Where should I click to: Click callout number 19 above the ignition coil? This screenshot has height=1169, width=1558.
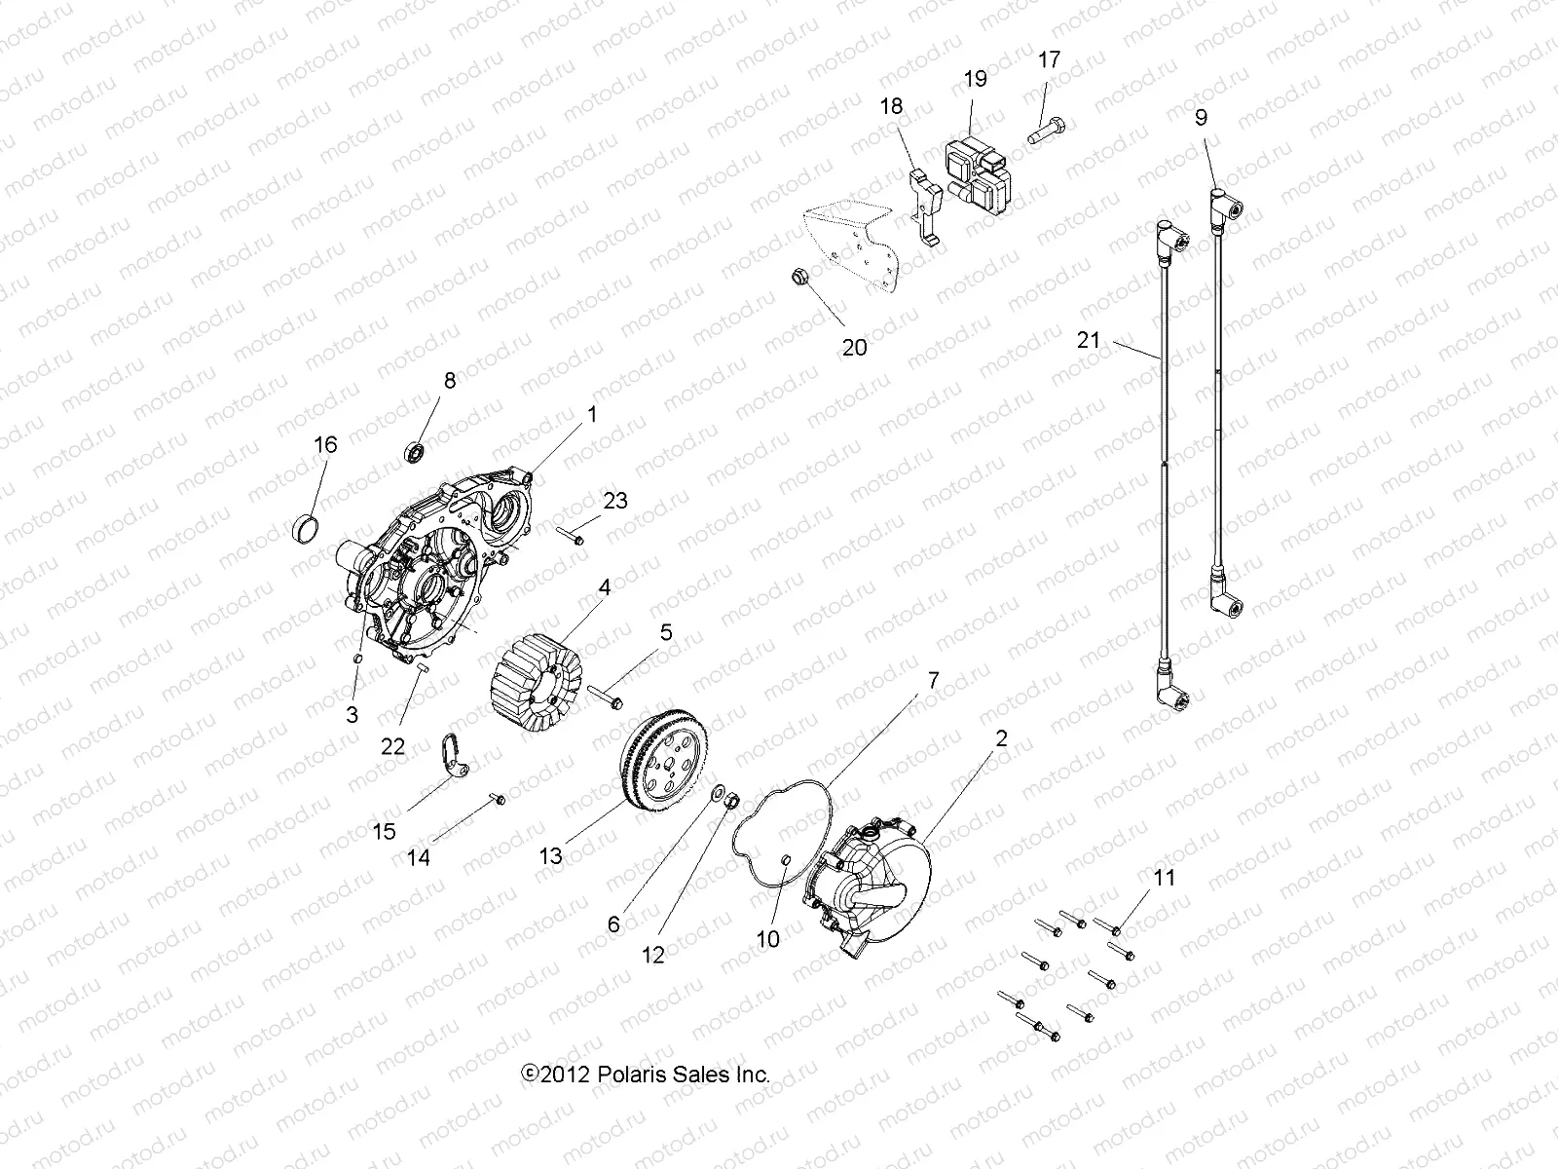tap(975, 79)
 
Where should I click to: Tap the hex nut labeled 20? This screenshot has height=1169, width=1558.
tap(797, 276)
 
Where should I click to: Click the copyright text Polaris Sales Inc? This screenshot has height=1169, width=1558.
tap(647, 1075)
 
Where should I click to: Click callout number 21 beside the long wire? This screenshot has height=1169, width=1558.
tap(1089, 340)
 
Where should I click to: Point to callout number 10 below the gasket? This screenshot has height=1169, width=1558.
tap(768, 938)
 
